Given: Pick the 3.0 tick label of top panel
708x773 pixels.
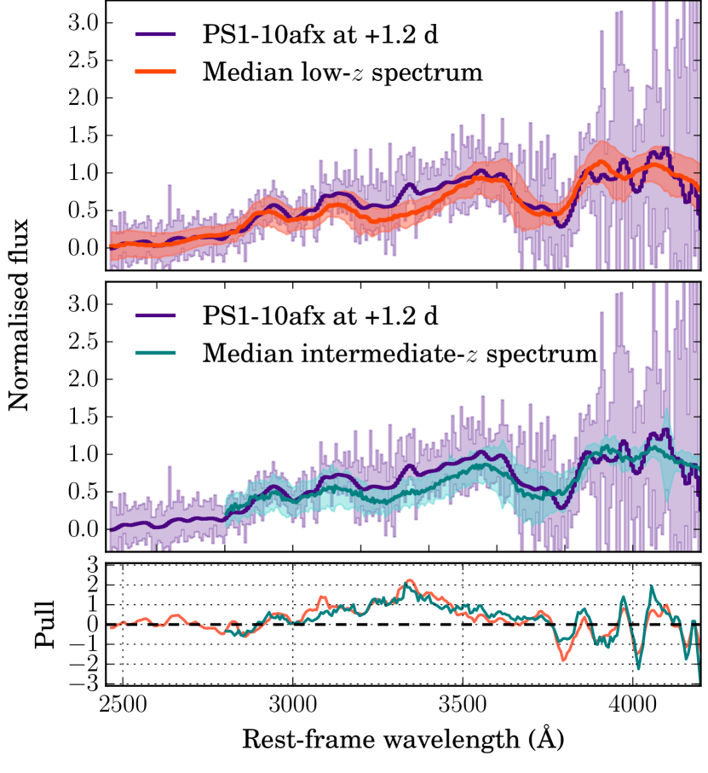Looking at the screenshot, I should pyautogui.click(x=84, y=23).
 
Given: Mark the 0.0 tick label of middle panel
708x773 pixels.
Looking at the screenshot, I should pyautogui.click(x=84, y=529).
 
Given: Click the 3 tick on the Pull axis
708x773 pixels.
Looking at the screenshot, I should pyautogui.click(x=89, y=566).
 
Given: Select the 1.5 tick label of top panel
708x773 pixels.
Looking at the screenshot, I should pyautogui.click(x=84, y=136).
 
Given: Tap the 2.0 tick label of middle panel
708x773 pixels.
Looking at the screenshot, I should pyautogui.click(x=84, y=379).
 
